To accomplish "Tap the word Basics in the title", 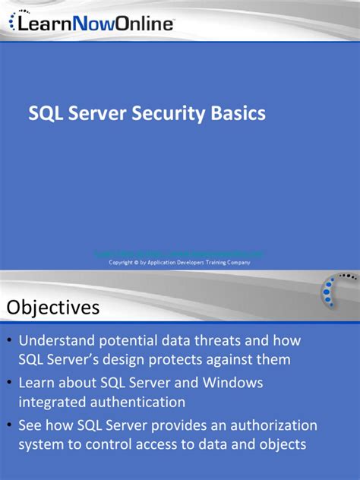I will (x=238, y=113).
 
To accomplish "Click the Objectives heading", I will (x=54, y=308).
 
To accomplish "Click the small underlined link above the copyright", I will (x=179, y=254).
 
